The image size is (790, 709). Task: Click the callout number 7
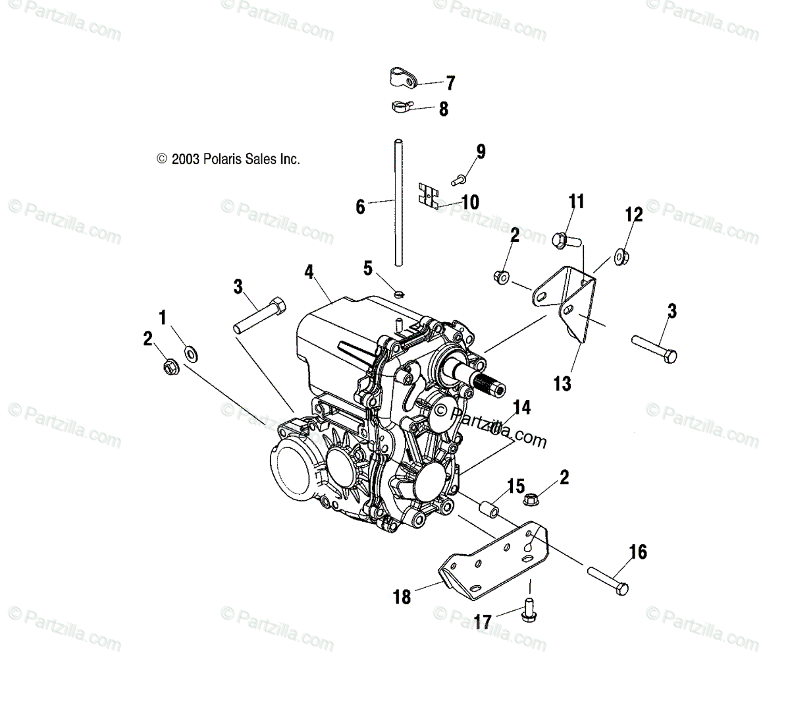point(450,83)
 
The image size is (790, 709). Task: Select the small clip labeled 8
point(400,105)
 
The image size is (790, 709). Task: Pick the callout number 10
point(470,202)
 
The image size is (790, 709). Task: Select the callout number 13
point(562,383)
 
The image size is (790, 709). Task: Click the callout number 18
point(402,598)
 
